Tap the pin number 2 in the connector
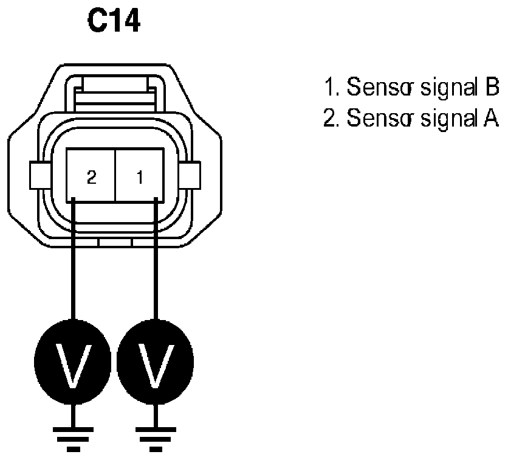91,178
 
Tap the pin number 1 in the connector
140,178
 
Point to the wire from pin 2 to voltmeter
73,262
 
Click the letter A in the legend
491,119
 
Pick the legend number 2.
329,119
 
